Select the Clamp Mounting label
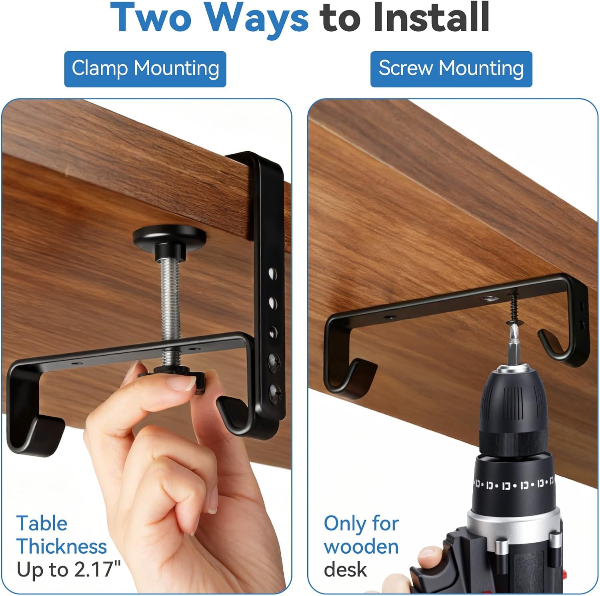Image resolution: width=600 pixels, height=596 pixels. pos(145,69)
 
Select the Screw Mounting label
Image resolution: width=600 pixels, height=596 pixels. pos(451,69)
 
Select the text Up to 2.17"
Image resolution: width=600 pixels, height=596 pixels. pos(68,569)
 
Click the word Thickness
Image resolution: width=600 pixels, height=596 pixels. pos(62,546)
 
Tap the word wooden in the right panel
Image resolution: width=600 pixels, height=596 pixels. pos(361,546)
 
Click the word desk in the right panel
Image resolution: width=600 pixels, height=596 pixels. pos(345,569)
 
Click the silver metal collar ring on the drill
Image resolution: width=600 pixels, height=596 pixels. pos(516,520)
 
